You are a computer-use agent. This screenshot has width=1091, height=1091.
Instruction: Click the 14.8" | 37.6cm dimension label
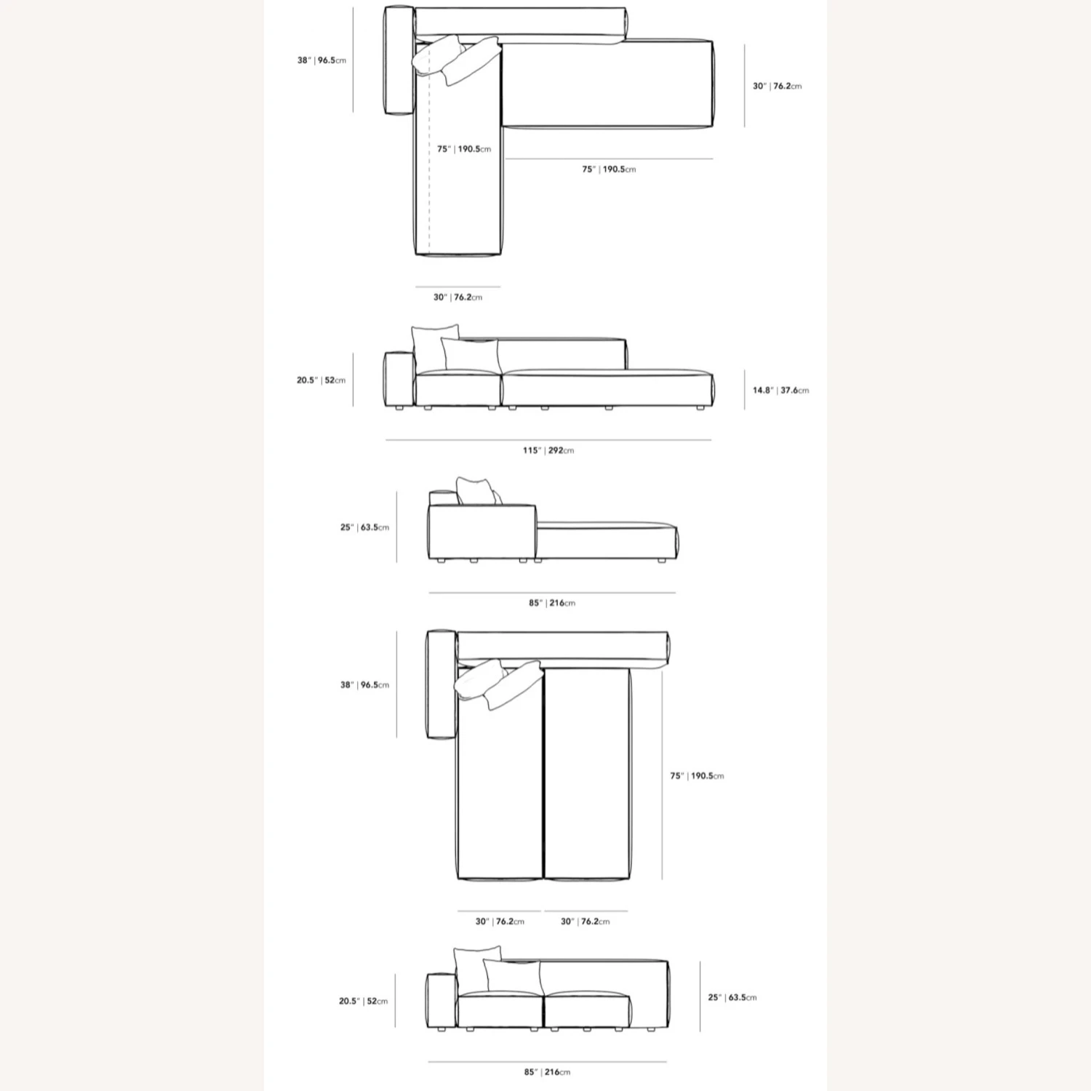[780, 391]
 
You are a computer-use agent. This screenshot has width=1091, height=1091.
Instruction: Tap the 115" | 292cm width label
[548, 450]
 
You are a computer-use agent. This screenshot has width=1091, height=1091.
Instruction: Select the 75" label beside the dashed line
[464, 149]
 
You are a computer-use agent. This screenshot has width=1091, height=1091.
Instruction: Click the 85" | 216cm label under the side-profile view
[552, 603]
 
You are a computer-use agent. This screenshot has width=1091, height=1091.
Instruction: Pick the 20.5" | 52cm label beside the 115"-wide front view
[321, 380]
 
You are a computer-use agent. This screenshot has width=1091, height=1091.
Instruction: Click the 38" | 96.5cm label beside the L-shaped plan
[321, 60]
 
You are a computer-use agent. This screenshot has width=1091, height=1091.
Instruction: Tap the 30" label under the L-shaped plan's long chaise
[457, 297]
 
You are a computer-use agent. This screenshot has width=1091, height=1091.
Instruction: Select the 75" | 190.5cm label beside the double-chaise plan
[697, 776]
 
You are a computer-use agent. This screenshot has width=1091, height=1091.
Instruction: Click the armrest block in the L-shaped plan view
[398, 60]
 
